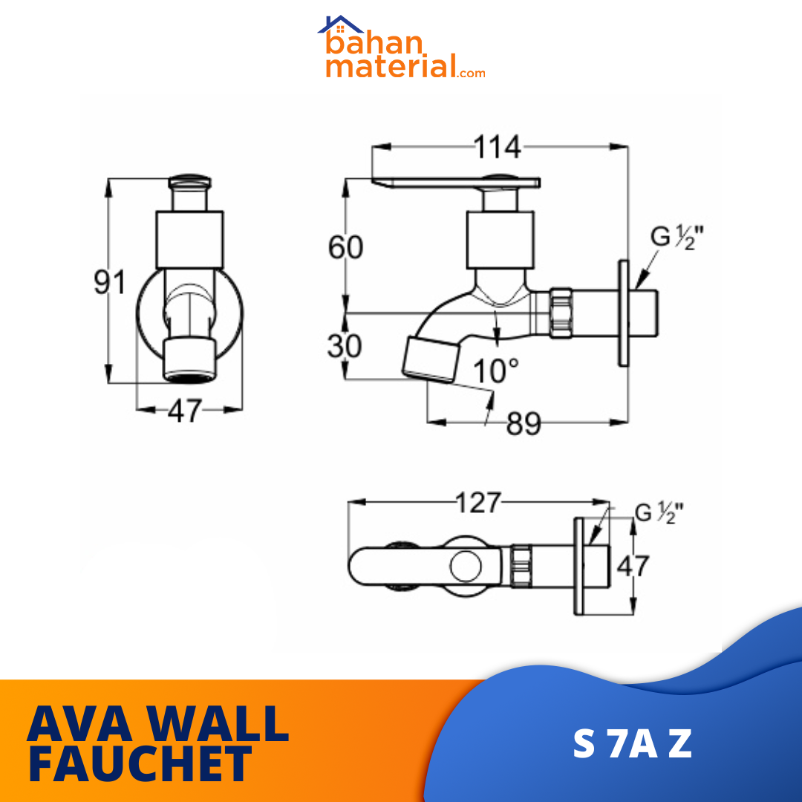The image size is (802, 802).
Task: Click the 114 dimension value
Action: [497, 147]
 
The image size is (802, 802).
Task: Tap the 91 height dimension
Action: [109, 282]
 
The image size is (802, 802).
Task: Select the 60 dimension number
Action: [345, 247]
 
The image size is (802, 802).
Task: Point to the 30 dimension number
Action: [345, 346]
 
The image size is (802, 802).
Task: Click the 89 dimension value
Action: [524, 424]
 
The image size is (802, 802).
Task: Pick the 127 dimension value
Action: [477, 503]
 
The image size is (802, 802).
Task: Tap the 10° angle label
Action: [495, 371]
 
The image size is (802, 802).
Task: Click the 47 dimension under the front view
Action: [185, 410]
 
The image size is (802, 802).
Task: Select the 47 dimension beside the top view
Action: [633, 566]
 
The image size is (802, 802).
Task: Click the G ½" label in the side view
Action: [677, 238]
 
